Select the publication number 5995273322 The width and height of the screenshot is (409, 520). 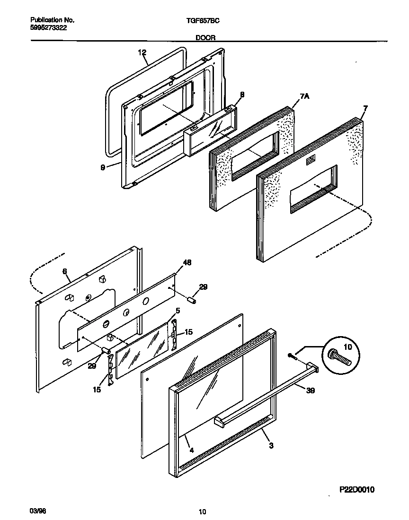click(x=48, y=28)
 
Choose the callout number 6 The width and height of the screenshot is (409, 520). click(x=64, y=271)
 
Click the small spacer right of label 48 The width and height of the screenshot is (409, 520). click(x=191, y=301)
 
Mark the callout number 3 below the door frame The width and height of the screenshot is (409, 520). click(x=270, y=445)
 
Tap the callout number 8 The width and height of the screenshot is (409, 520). click(x=242, y=95)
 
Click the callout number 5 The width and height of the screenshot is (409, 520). click(x=178, y=311)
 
